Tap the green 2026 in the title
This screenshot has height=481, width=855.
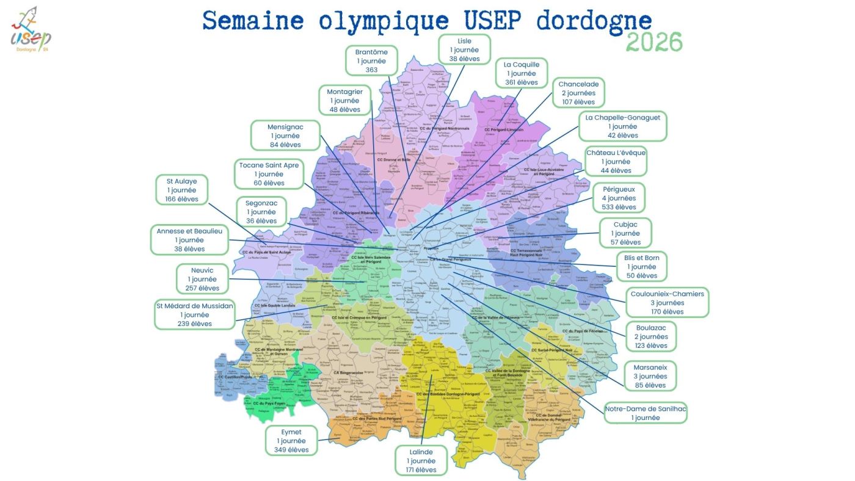click(654, 42)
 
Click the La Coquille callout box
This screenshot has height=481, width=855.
click(521, 73)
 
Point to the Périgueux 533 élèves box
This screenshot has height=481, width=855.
click(619, 198)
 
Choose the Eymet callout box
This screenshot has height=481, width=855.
click(291, 441)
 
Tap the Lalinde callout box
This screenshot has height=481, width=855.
click(421, 460)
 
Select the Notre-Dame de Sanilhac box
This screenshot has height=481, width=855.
click(646, 413)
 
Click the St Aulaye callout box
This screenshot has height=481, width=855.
click(181, 190)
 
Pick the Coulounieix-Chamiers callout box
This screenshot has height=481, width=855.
click(667, 303)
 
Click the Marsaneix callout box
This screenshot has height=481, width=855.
click(650, 376)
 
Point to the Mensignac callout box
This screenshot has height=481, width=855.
click(285, 136)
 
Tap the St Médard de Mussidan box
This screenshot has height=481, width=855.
click(195, 314)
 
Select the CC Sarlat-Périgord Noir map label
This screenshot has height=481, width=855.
click(551, 350)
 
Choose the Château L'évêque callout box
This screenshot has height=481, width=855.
click(616, 161)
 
